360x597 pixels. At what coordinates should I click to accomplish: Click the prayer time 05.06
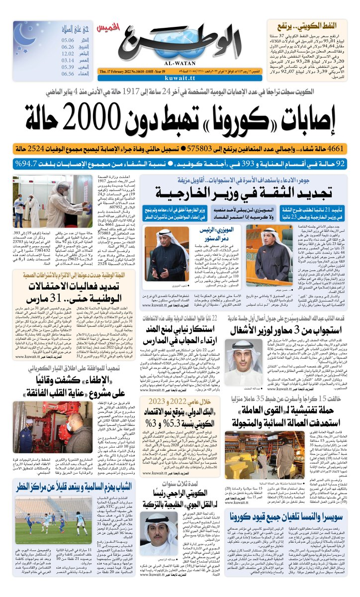68,40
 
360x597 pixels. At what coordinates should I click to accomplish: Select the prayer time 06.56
68,73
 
